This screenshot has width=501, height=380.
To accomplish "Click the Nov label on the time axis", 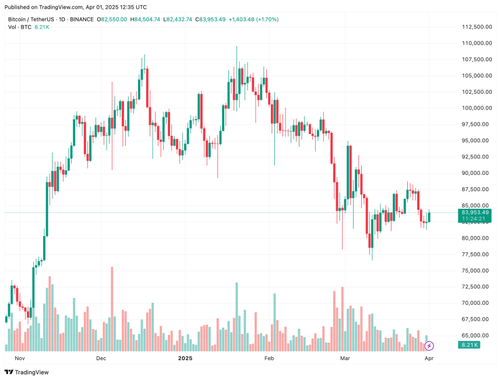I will click(20, 358).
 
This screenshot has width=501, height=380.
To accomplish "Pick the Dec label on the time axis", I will click(101, 358).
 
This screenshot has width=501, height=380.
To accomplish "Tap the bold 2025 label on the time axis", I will click(185, 358).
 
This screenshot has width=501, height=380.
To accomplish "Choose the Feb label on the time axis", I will click(269, 358).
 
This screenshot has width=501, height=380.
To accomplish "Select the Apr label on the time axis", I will click(429, 358).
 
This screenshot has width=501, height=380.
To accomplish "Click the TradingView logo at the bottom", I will click(27, 372).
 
